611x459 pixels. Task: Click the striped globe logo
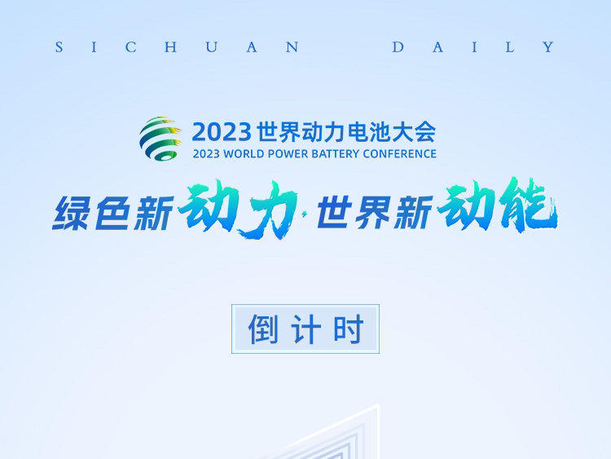point(160,139)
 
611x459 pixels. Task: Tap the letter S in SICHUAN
point(59,47)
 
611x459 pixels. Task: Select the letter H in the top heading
point(171,47)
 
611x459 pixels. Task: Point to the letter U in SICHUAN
point(212,47)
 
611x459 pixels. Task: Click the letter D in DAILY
point(398,47)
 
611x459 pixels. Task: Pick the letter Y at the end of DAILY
point(548,47)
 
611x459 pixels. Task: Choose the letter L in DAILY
point(509,47)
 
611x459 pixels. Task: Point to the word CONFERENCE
point(399,153)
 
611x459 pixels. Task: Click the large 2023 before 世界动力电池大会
point(222,132)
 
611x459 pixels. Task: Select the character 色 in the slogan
point(112,213)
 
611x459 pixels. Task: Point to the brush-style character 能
point(528,205)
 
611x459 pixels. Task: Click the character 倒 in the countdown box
point(263,329)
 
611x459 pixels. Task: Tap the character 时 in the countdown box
point(348,329)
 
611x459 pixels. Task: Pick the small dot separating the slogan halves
point(305,213)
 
